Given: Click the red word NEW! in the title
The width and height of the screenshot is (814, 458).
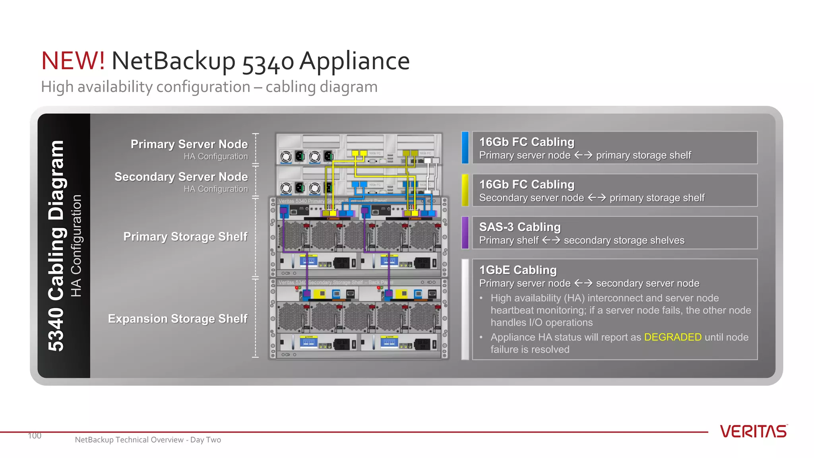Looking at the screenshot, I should [x=73, y=61].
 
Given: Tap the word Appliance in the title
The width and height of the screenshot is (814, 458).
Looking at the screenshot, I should [x=354, y=61].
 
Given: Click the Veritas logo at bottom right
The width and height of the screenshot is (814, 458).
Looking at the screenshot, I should [x=753, y=431].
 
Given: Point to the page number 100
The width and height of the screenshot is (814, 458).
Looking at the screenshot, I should [x=35, y=436].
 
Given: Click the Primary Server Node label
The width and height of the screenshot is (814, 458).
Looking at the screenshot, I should [x=189, y=144].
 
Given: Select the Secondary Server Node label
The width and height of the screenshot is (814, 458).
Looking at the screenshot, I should [x=181, y=177].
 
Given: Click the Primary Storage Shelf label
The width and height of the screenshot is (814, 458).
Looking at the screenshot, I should [x=185, y=237].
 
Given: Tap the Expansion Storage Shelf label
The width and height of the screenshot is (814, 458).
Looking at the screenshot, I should [x=178, y=319].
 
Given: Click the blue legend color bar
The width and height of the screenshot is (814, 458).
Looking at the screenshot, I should [x=465, y=147].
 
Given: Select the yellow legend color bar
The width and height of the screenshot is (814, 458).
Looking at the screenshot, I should [x=465, y=190].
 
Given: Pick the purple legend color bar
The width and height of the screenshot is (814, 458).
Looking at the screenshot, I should [x=465, y=233].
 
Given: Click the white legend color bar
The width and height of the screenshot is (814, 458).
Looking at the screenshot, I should [x=465, y=309].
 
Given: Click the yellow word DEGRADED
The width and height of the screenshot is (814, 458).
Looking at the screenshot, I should [x=673, y=337].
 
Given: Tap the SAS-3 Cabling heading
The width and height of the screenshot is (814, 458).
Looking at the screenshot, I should [x=519, y=227].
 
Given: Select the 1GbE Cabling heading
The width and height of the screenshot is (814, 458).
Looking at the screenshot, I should [x=517, y=270].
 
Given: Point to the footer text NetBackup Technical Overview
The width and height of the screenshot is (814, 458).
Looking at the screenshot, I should [x=129, y=440].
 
